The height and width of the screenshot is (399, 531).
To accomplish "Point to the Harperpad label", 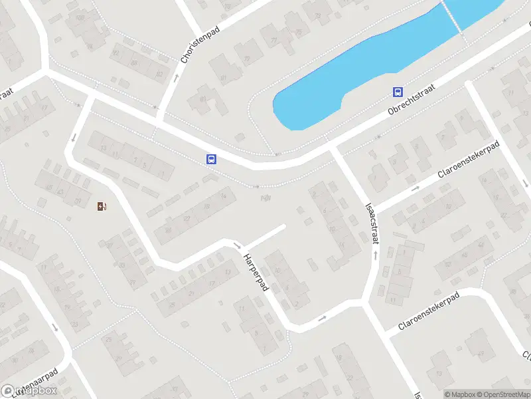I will [255, 273].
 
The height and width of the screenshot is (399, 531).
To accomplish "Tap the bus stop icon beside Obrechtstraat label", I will [398, 92].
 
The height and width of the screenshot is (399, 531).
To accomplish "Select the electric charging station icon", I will [101, 206].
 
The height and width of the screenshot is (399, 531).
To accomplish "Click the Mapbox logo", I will [29, 391].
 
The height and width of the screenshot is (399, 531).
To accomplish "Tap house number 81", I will [224, 78].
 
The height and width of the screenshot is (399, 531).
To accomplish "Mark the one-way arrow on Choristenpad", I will [176, 78].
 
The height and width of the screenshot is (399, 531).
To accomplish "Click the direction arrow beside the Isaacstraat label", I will [375, 254].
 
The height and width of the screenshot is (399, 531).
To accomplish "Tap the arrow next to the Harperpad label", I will [238, 245].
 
